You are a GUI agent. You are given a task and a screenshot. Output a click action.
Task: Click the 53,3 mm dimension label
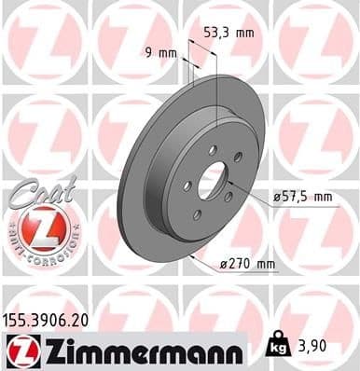[x=228, y=33]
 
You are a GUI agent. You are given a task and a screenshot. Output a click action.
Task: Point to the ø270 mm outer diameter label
[x=248, y=265]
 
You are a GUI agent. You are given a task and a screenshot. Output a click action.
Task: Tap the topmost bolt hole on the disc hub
[x=213, y=149]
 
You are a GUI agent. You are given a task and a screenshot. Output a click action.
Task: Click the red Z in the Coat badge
[x=42, y=227]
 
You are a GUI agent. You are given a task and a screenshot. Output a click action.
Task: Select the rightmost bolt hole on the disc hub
[x=238, y=157]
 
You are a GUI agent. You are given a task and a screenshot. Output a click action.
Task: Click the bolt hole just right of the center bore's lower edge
[x=228, y=195]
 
